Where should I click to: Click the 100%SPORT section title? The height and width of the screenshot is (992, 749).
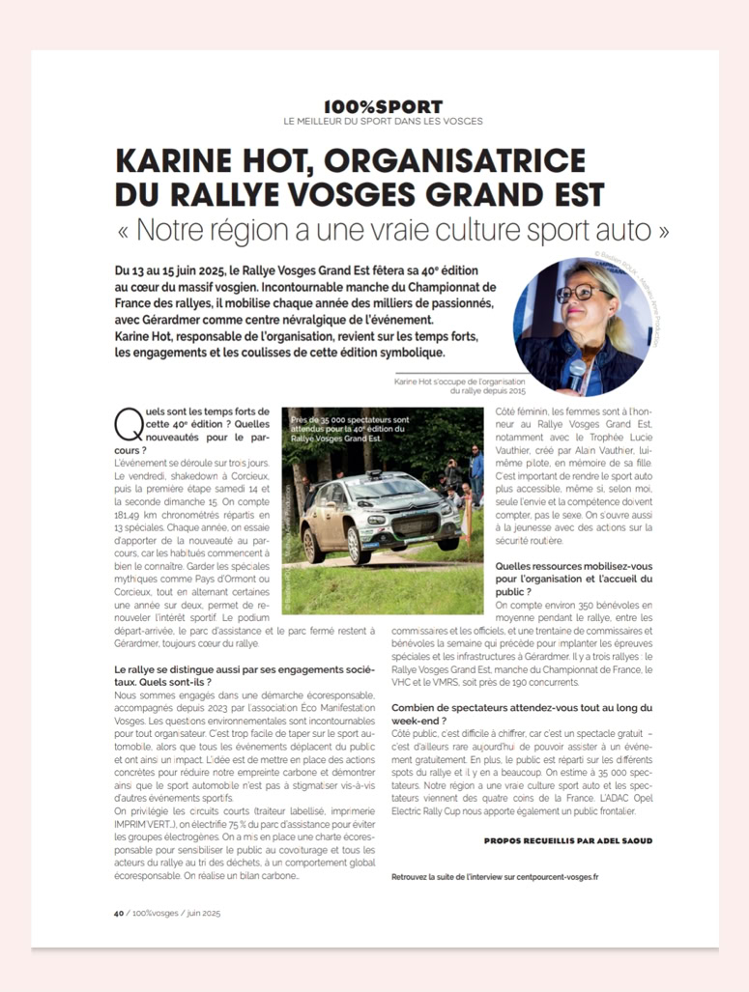point(384,106)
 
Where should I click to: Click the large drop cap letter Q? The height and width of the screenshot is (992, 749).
point(126,422)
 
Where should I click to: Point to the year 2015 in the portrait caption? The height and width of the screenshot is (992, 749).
point(514,390)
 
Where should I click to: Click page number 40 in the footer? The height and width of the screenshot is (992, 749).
point(119,912)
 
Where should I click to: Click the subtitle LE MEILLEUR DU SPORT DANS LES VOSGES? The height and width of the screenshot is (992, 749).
point(383,121)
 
